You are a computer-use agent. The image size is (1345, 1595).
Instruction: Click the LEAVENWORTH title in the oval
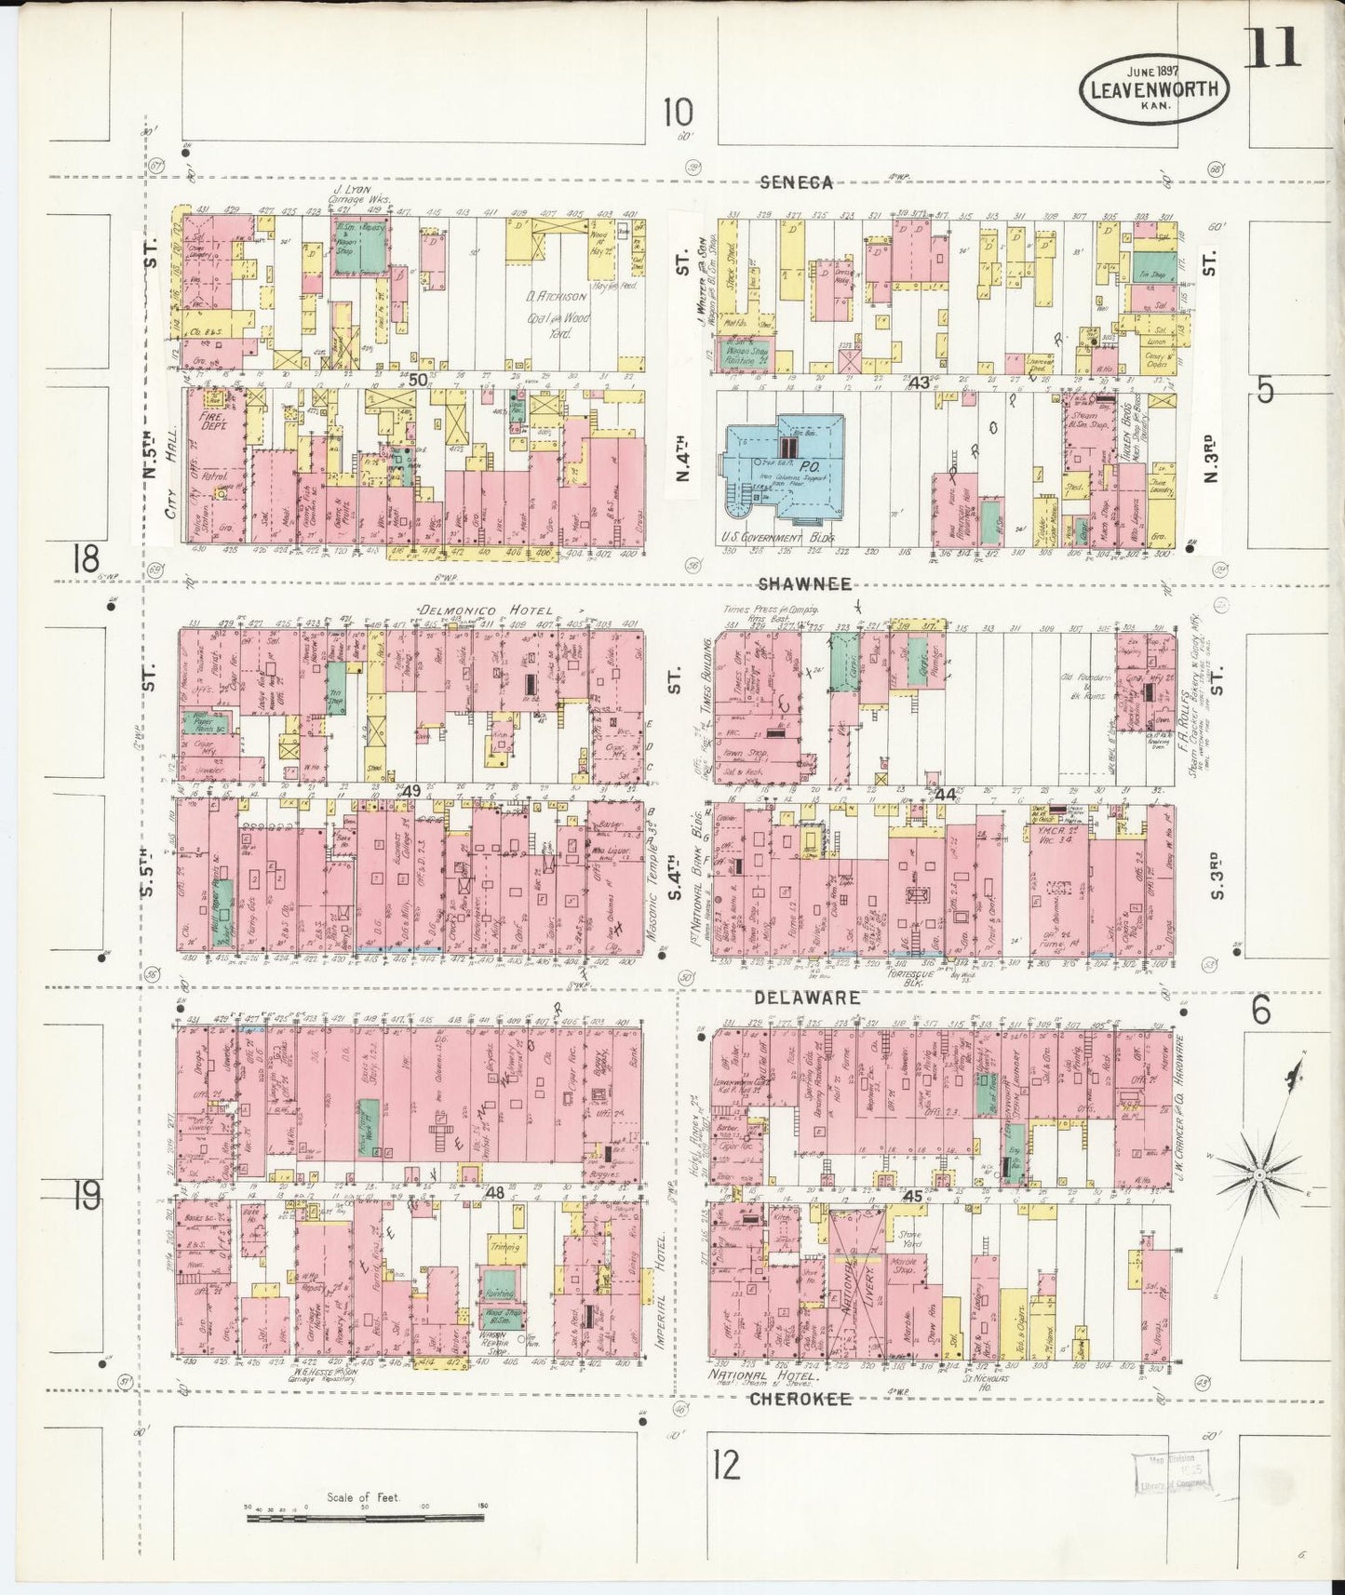(x=1154, y=90)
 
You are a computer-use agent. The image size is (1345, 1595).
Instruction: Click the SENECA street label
(x=796, y=183)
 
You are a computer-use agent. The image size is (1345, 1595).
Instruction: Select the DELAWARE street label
(x=806, y=998)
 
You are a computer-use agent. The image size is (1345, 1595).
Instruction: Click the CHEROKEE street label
(x=800, y=1399)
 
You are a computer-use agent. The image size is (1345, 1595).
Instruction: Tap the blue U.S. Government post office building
(x=784, y=468)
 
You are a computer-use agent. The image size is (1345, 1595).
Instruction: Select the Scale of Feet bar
(x=364, y=1518)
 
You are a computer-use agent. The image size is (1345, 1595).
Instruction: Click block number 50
(x=418, y=379)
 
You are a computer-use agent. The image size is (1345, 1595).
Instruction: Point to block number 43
(x=920, y=382)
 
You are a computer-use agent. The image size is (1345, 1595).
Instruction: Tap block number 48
(x=494, y=1192)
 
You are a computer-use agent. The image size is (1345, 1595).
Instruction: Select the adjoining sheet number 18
(x=86, y=561)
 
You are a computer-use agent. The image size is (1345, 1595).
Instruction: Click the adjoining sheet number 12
(x=726, y=1466)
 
